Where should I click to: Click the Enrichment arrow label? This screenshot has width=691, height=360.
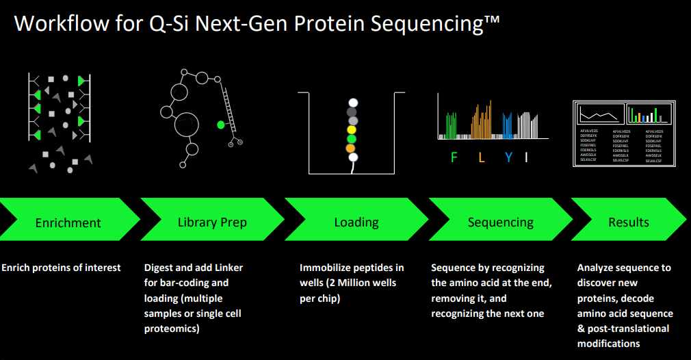click(68, 223)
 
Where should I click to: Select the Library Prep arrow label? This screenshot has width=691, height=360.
click(212, 222)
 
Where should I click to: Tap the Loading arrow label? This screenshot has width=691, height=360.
click(356, 222)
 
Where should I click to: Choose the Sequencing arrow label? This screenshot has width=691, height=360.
click(501, 222)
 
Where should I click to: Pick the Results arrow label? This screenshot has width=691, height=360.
click(628, 222)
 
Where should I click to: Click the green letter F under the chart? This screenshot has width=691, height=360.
click(454, 158)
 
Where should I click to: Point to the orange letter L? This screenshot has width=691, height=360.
click(482, 158)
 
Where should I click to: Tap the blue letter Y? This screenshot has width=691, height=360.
click(508, 158)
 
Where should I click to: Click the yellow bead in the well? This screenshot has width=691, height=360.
click(352, 129)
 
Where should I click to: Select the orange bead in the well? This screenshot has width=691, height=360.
click(351, 148)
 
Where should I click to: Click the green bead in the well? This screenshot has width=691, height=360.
click(352, 138)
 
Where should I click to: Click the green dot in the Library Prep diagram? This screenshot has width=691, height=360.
click(221, 125)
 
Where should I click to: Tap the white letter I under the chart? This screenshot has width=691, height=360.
click(526, 158)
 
